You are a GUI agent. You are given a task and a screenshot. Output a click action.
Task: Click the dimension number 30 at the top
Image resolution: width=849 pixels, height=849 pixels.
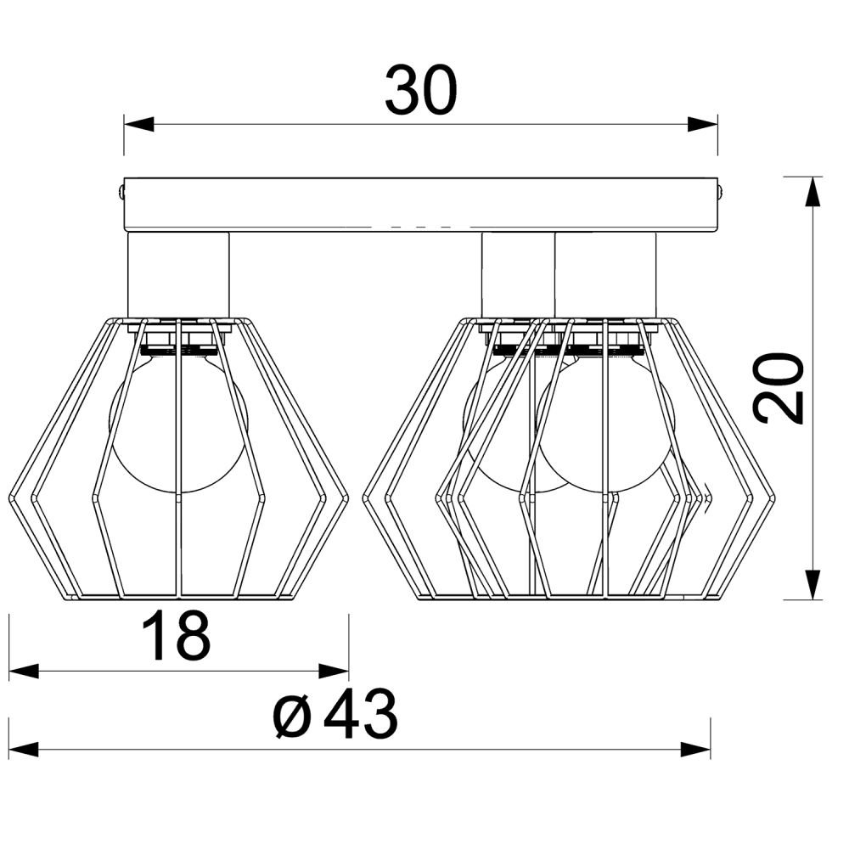coord(421,91)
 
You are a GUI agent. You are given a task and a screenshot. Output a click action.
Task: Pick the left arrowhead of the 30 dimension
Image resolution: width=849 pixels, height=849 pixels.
coord(138,124)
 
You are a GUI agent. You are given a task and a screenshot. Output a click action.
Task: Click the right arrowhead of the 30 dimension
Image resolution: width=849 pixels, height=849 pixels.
coord(702,124)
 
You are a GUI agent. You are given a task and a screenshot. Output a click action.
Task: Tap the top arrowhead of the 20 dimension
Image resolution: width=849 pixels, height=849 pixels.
coord(811,192)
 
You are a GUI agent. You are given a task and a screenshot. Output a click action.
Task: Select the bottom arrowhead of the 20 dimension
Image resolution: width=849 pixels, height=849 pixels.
coord(811,585)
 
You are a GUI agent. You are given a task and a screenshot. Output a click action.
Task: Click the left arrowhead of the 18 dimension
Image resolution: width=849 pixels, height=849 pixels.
coord(25,672)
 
